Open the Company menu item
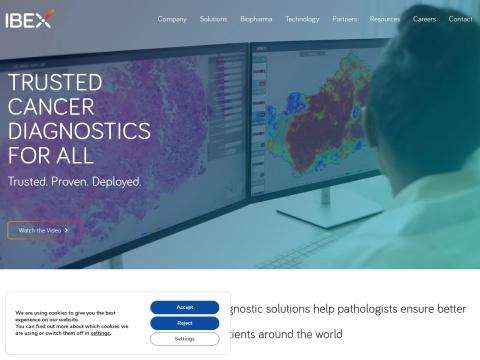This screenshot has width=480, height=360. (172, 19)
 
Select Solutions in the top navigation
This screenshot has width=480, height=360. (213, 19)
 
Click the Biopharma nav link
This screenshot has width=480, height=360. (256, 19)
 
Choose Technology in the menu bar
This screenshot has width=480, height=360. (302, 19)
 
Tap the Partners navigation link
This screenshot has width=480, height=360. (345, 19)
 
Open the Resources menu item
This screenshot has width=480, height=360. (385, 19)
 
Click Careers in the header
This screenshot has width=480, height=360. (424, 19)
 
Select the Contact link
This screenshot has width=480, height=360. (460, 19)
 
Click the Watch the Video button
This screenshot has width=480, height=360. (44, 230)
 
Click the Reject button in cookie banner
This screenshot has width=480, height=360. (185, 323)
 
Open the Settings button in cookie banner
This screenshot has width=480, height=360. (185, 339)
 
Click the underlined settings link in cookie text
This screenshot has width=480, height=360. (101, 333)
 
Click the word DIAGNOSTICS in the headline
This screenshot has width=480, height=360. (80, 131)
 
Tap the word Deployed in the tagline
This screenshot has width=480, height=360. (119, 182)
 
